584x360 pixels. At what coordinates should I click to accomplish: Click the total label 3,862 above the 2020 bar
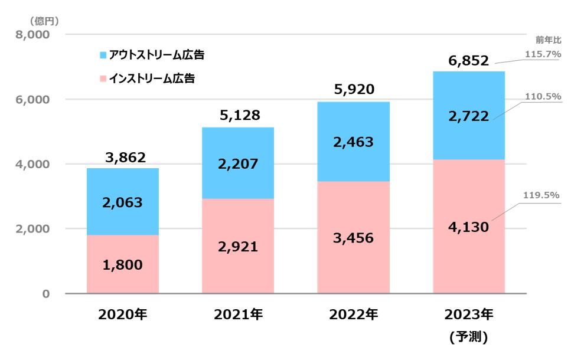click(122, 158)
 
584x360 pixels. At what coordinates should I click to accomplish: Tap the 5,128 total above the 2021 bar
click(238, 116)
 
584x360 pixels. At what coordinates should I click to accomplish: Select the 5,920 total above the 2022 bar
click(353, 90)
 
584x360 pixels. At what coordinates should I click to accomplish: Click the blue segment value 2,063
click(122, 202)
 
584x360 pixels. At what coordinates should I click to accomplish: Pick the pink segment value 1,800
click(122, 265)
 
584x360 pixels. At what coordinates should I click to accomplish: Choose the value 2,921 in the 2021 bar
click(238, 247)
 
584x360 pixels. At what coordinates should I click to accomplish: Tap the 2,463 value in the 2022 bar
click(353, 142)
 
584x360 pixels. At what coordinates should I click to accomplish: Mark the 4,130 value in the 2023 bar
click(468, 226)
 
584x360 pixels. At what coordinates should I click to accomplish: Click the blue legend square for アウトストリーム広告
click(103, 55)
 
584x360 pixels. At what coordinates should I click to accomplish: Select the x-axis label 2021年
click(238, 315)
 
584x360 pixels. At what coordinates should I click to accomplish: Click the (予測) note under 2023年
click(468, 338)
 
